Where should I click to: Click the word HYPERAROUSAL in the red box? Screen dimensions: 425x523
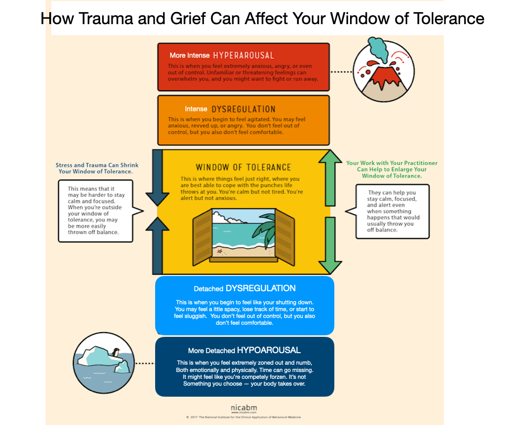coord(243,55)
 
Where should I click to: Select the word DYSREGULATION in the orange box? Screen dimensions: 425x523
coord(243,109)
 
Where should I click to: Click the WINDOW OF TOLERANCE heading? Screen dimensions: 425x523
coord(243,167)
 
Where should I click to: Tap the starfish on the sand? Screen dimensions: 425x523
coord(220,251)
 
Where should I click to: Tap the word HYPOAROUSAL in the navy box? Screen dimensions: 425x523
coord(268,350)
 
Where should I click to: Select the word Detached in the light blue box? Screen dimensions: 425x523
coord(209,289)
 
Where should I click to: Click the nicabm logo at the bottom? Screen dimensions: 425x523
coord(243,407)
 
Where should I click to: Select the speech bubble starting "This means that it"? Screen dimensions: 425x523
coord(96,210)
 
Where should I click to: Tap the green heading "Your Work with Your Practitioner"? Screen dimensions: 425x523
coord(391,163)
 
